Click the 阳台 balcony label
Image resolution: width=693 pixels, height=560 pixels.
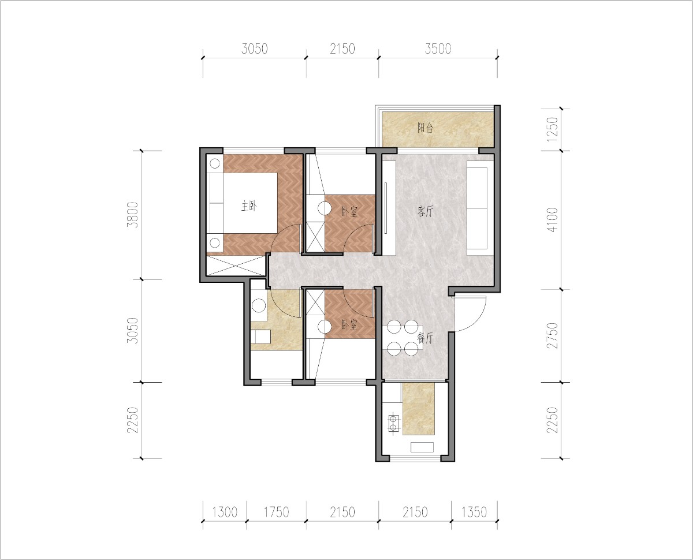425,128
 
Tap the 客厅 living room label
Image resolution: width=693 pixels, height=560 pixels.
425,211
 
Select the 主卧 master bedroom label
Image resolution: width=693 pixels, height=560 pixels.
249,206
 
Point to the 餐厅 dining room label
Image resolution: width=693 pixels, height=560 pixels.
425,338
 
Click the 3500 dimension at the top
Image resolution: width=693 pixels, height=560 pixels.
438,48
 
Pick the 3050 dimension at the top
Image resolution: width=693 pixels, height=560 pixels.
255,48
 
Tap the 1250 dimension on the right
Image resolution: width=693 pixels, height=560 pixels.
553,129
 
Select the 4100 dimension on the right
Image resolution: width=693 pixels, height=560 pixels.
553,220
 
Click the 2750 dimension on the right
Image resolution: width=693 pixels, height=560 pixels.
553,335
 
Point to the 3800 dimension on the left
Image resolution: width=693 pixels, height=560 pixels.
133,215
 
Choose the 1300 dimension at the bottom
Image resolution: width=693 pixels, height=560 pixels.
225,512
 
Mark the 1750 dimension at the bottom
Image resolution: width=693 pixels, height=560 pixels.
276,512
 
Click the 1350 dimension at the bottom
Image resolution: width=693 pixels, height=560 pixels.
474,512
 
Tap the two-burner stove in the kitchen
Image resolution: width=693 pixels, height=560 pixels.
394,424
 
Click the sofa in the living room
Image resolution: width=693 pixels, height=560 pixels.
477,208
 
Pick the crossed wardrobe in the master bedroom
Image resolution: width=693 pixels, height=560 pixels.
236,266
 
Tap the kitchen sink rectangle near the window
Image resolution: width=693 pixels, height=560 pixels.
422,447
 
